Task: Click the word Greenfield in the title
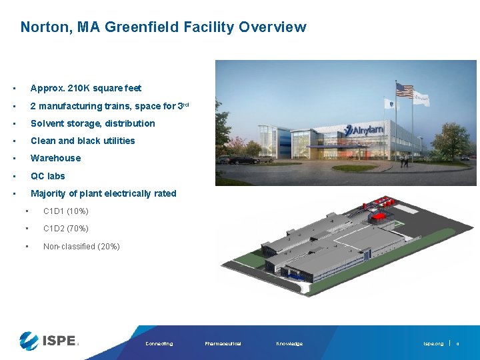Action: pyautogui.click(x=143, y=27)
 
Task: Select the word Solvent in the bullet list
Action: pyautogui.click(x=48, y=123)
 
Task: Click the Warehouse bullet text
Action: pyautogui.click(x=55, y=158)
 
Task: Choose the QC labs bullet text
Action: pyautogui.click(x=48, y=176)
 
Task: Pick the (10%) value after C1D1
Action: pyautogui.click(x=78, y=211)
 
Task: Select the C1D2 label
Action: pyautogui.click(x=53, y=229)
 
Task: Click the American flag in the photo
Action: pyautogui.click(x=405, y=90)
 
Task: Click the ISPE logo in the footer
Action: pyautogui.click(x=49, y=340)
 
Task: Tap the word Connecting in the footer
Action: pyautogui.click(x=159, y=344)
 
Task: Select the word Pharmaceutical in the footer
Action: pyautogui.click(x=223, y=344)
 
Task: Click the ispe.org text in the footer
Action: pyautogui.click(x=433, y=344)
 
